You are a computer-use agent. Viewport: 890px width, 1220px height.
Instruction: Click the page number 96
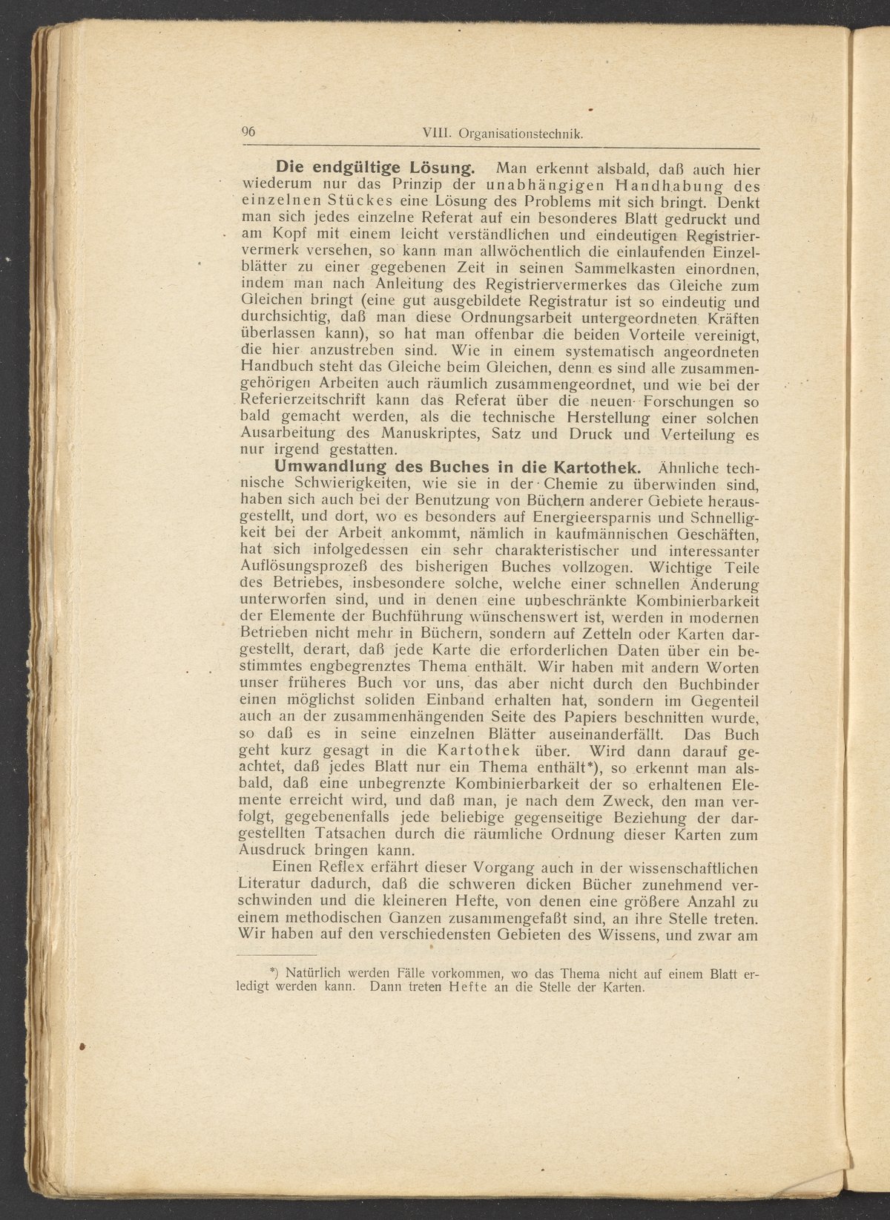pyautogui.click(x=248, y=131)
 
